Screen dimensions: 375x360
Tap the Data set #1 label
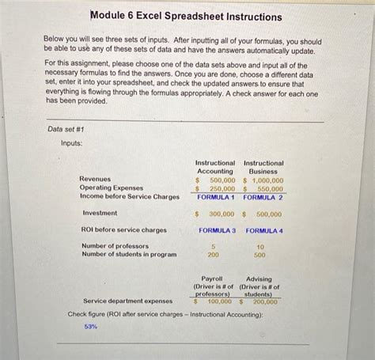pyautogui.click(x=66, y=129)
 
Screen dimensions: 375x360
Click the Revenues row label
pyautogui.click(x=95, y=180)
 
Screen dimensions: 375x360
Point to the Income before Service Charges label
pyautogui.click(x=130, y=196)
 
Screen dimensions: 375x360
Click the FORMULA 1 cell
pyautogui.click(x=217, y=196)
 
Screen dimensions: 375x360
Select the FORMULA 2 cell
pyautogui.click(x=263, y=196)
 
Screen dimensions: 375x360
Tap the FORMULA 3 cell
pyautogui.click(x=217, y=230)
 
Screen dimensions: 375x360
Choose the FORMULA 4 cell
pyautogui.click(x=264, y=230)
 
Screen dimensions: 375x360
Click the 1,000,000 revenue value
pyautogui.click(x=267, y=180)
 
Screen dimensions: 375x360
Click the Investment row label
pyautogui.click(x=100, y=214)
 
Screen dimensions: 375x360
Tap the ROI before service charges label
pyautogui.click(x=124, y=230)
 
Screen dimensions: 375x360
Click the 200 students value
pyautogui.click(x=213, y=256)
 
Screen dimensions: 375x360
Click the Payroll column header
pyautogui.click(x=212, y=279)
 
